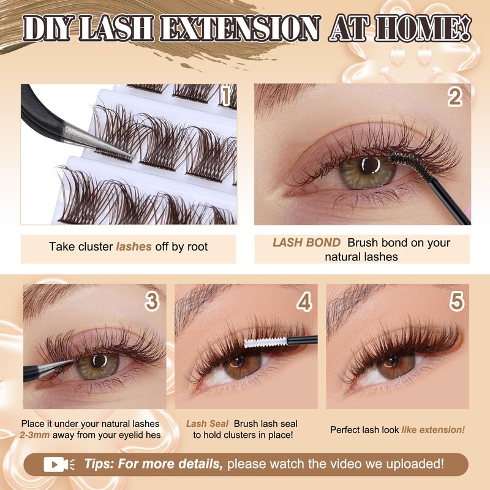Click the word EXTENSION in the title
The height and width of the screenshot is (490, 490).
(240, 28)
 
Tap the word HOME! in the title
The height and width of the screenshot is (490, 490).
(423, 28)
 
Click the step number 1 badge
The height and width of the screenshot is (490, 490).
(225, 96)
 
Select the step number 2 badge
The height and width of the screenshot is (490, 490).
(455, 97)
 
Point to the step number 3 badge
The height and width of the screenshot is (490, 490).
(152, 301)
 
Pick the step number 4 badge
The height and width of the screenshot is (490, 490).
(304, 301)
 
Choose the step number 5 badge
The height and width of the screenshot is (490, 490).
(456, 301)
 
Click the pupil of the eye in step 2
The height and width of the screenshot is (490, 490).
(369, 165)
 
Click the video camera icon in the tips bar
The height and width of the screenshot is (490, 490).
(59, 464)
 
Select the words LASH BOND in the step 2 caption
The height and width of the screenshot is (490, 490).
(307, 243)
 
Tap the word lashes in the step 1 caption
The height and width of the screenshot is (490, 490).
(134, 247)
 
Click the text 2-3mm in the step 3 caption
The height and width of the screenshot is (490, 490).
(34, 435)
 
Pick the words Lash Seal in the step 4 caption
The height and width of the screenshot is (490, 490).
(207, 423)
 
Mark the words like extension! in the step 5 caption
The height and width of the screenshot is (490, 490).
(433, 430)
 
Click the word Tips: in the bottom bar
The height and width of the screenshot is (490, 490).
(99, 464)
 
